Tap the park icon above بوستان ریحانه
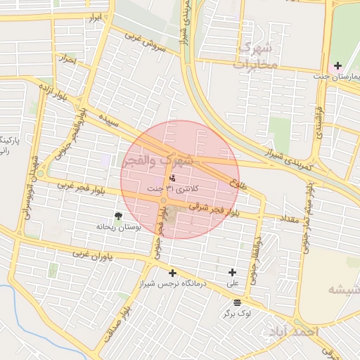[x=118, y=217]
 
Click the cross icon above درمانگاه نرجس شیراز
[x=172, y=273]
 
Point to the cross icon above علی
[x=233, y=272]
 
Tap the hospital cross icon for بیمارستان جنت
[x=338, y=65]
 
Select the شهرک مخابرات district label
[x=257, y=56]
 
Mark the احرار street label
[x=67, y=59]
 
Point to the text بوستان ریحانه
[x=118, y=228]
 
